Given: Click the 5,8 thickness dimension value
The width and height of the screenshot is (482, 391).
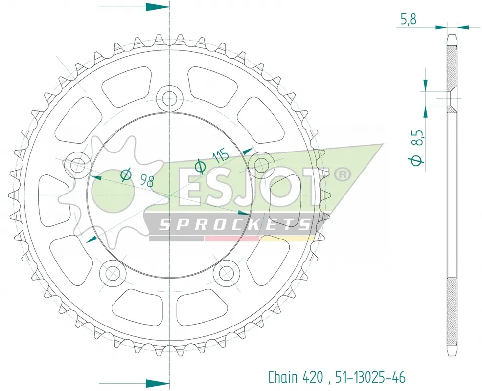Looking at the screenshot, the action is point(409,20).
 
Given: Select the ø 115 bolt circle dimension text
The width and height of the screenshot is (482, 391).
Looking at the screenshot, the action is point(212,161).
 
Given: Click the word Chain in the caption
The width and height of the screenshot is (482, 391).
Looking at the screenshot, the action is point(283,377).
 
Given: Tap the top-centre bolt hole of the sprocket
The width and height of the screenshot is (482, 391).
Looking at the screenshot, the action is point(169,99).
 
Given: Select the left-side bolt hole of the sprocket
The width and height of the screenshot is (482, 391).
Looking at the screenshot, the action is point(77,165).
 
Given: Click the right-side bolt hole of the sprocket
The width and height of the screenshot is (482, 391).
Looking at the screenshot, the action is point(261,165).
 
